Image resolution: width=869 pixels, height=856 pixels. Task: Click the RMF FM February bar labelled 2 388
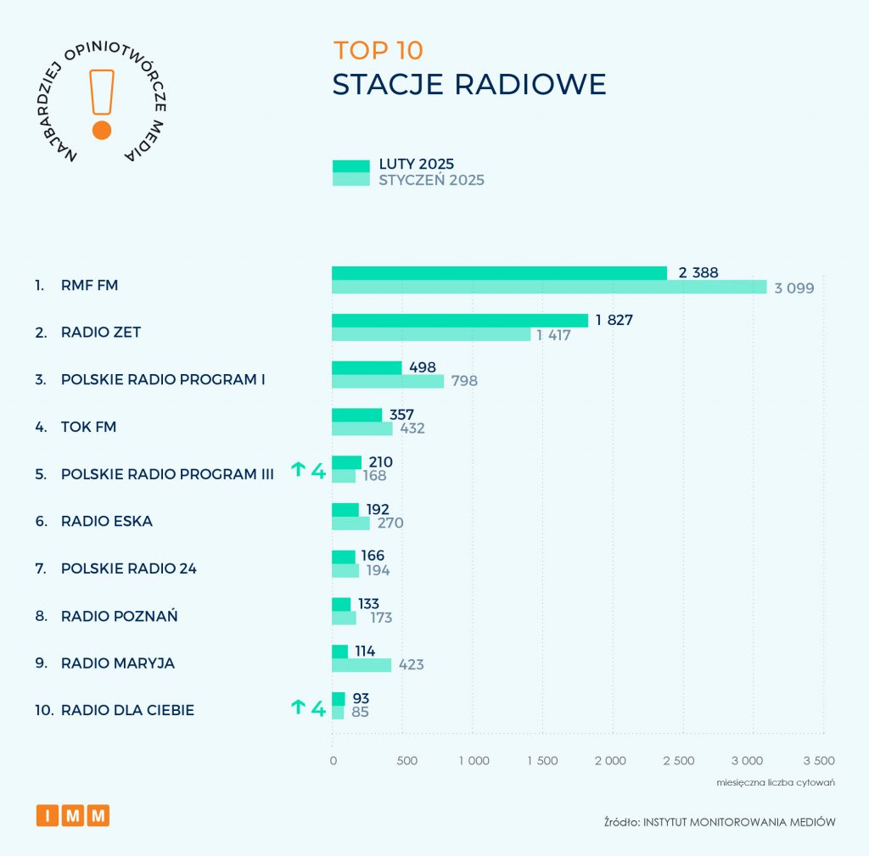point(499,273)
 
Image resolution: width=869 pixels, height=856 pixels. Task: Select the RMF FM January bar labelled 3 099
point(548,287)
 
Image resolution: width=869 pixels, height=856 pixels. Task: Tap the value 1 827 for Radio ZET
point(614,320)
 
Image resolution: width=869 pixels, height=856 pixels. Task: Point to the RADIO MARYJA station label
point(118,663)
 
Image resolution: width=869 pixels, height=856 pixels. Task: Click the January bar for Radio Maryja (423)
point(362,665)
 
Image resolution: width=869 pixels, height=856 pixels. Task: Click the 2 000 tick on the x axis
point(610,760)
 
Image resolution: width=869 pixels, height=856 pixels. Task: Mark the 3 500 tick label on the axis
point(819,760)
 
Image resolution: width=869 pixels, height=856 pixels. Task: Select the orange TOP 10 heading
point(378,50)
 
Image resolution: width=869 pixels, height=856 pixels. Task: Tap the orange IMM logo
point(73,815)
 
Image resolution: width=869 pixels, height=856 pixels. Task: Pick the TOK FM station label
point(88,427)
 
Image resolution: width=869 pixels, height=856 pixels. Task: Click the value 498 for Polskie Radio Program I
point(422,367)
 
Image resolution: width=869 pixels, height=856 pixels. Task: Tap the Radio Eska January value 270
point(390,523)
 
